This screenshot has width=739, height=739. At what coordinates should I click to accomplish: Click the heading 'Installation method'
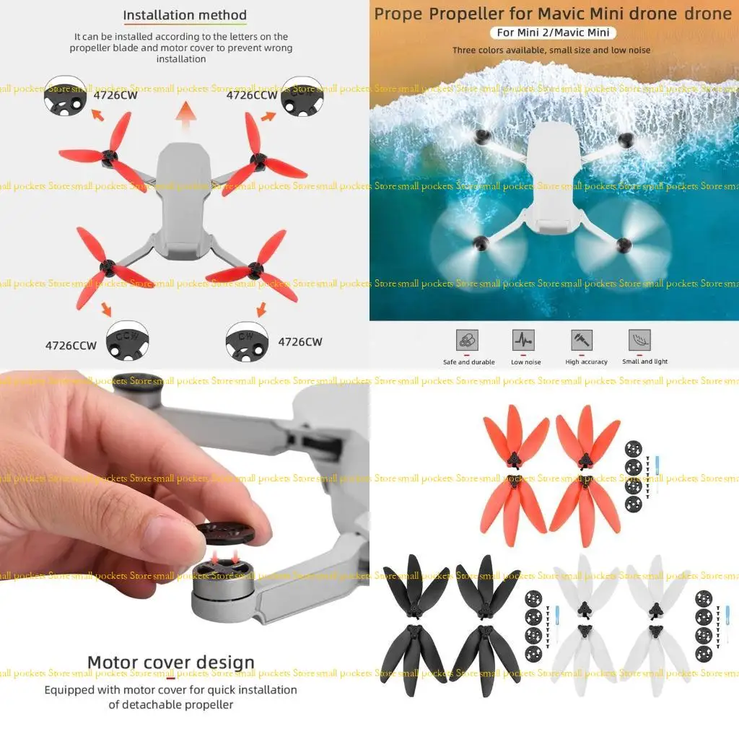(x=185, y=15)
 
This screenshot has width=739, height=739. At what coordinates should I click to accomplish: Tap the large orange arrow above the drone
(x=186, y=115)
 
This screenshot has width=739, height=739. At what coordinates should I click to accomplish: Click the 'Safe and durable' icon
(x=467, y=341)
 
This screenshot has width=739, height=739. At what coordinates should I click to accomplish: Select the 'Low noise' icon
(x=524, y=341)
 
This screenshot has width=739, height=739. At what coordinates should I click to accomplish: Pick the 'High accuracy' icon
(x=582, y=341)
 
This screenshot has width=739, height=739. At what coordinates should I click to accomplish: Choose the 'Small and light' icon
(x=639, y=341)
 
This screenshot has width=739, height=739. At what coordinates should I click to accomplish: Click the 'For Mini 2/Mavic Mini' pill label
(x=553, y=32)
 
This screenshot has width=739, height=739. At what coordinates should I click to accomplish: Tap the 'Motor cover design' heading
(x=171, y=663)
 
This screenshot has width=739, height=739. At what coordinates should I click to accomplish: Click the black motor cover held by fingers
(x=225, y=535)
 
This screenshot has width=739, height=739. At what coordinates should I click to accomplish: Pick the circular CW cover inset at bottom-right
(x=247, y=339)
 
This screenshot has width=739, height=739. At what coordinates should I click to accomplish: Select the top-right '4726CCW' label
(x=252, y=95)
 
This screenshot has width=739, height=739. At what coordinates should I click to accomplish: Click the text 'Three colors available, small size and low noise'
(x=551, y=51)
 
